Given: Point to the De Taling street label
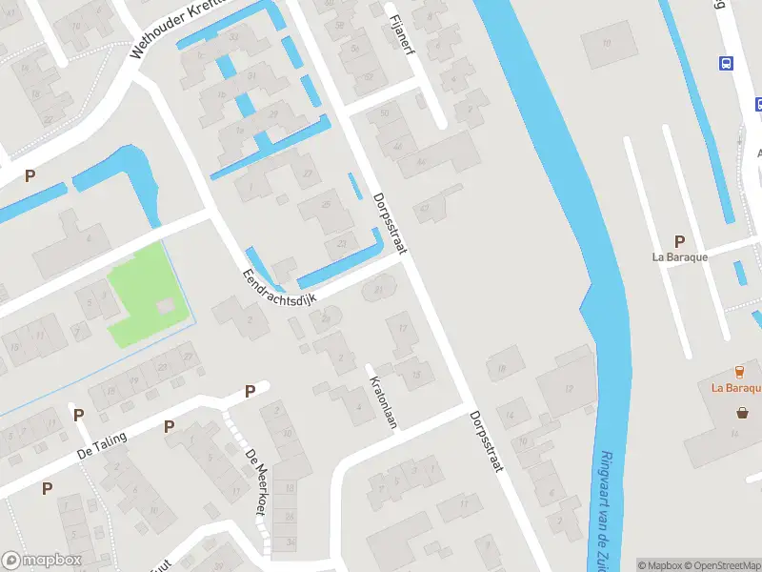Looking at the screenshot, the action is tap(102, 446).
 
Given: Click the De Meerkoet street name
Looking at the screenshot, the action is tap(255, 482).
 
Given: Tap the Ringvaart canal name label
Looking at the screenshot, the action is tap(607, 505).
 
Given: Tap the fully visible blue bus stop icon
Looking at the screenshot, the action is tap(727, 64).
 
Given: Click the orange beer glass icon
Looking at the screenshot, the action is tap(739, 371).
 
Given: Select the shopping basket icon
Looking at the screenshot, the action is tap(742, 413).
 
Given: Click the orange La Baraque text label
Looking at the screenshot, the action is tap(736, 388).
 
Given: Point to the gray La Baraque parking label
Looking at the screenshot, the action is tap(679, 256).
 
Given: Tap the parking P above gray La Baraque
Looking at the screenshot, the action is tap(679, 241).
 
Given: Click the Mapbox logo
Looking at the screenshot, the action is tap(42, 561).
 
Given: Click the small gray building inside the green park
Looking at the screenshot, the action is tap(166, 306).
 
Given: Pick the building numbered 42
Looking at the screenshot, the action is tap(424, 207).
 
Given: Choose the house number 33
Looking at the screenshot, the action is tap(234, 35).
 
